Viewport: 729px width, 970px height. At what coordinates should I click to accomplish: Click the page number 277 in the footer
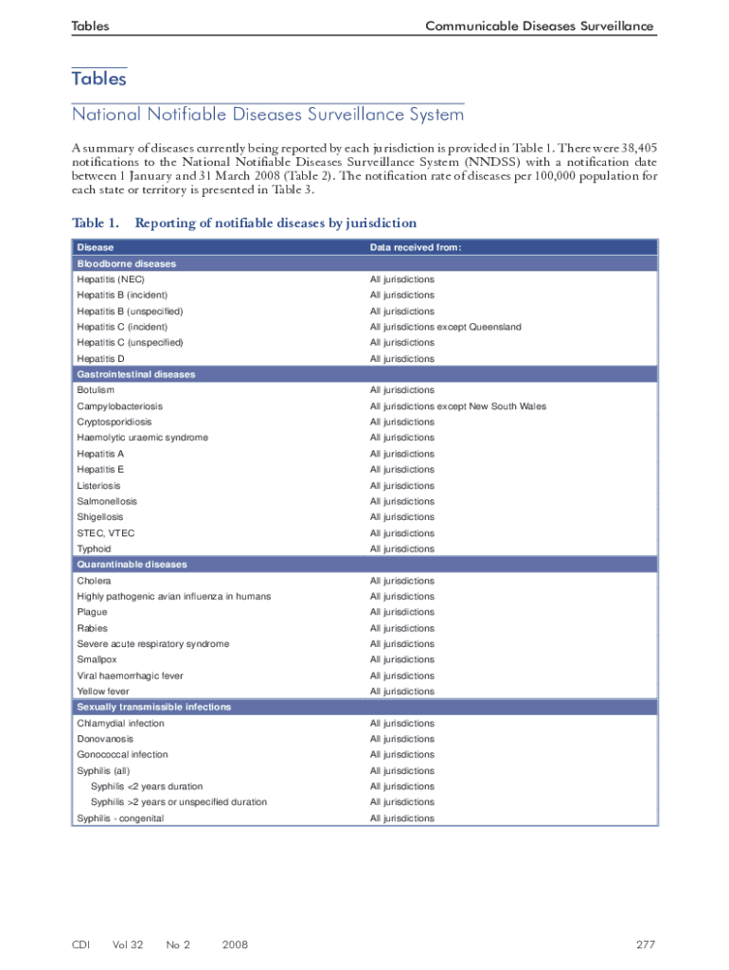coord(646,944)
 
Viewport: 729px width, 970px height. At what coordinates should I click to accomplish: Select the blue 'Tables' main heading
coord(99,80)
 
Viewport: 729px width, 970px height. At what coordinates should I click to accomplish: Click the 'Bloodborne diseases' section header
coord(127,263)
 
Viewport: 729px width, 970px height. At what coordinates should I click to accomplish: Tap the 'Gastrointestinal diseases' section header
coord(136,374)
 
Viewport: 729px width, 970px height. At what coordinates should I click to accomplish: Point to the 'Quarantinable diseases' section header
coord(132,565)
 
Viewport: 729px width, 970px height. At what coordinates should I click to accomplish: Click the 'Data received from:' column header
coord(416,247)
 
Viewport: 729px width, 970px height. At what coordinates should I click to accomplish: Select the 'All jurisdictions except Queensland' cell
coord(445,327)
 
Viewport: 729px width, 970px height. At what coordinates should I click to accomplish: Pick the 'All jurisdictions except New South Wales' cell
coord(457,406)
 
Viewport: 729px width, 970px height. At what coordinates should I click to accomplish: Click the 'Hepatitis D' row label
coord(100,359)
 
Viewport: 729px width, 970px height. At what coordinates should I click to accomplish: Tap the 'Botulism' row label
coord(96,390)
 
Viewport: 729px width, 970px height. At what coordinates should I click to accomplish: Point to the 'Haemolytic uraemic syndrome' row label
coord(142,438)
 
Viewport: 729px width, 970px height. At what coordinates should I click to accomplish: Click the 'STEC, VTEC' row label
coord(106,533)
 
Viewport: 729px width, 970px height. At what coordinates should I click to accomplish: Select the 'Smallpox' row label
coord(98,660)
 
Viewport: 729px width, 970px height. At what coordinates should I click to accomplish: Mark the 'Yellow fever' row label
coord(103,692)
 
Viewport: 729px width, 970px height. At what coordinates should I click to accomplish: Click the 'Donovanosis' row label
coord(105,739)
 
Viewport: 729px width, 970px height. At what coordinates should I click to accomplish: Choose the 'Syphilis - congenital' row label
coord(120,818)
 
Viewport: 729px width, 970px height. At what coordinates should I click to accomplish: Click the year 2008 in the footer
coord(235,944)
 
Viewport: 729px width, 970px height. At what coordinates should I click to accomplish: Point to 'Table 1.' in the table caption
coord(96,224)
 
